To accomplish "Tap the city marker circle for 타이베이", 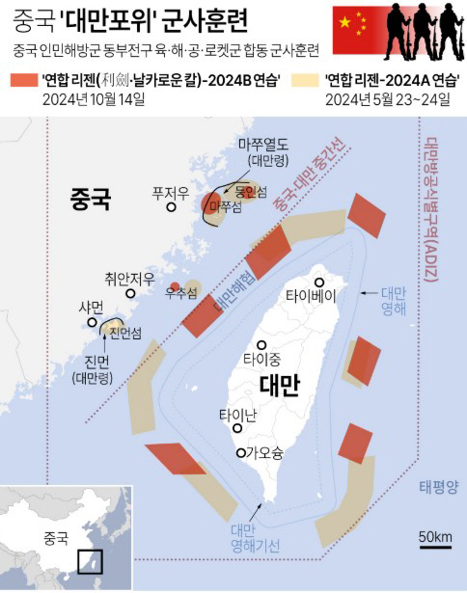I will [320, 282].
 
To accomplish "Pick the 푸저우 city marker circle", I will [171, 205].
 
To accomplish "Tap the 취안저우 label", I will [129, 279].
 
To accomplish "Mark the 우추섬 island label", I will [182, 292].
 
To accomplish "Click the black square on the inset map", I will [90, 560].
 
